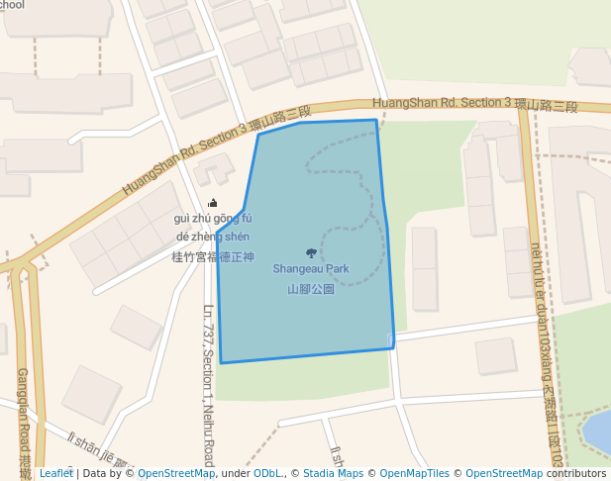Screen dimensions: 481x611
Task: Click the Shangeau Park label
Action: click(x=311, y=268)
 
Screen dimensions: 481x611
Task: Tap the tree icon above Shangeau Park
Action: click(x=311, y=253)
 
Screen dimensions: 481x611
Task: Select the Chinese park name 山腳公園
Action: click(x=311, y=289)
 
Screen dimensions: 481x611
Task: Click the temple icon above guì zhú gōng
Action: click(x=212, y=203)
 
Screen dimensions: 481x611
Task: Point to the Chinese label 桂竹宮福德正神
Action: click(x=213, y=256)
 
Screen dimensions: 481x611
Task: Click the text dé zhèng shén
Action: click(x=213, y=237)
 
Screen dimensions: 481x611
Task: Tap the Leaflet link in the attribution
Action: click(x=55, y=473)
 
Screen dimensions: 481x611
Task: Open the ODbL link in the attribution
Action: click(x=267, y=473)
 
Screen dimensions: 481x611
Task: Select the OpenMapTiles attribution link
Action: click(x=413, y=473)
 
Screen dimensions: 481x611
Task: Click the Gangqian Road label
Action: click(x=24, y=416)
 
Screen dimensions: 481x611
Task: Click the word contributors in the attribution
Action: click(x=576, y=473)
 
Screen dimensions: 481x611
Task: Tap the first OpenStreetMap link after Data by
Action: click(x=175, y=473)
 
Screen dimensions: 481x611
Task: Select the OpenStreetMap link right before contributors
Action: click(x=504, y=473)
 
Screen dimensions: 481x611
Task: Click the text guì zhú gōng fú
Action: click(x=213, y=219)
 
